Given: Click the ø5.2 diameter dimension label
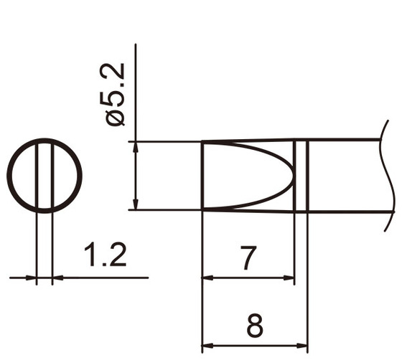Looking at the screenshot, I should [116, 94].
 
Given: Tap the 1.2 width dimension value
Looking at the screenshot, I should [106, 255].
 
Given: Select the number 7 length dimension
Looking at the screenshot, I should [248, 258].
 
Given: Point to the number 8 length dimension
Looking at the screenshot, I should [254, 327].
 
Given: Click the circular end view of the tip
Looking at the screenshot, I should [45, 176].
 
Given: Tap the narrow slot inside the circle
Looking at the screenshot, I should [45, 176].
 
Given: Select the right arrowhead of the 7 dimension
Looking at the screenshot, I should [290, 278].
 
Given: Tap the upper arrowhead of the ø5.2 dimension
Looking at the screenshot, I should [136, 146].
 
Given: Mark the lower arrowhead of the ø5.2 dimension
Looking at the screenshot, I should [136, 205].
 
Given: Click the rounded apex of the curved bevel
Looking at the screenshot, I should [292, 175].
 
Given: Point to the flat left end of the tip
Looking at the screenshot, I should [202, 176].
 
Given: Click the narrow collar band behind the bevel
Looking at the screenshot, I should [301, 176].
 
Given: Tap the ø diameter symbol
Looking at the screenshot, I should [116, 117].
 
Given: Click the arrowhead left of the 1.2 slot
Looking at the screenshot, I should [32, 278].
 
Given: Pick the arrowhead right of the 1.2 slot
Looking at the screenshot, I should [57, 278].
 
